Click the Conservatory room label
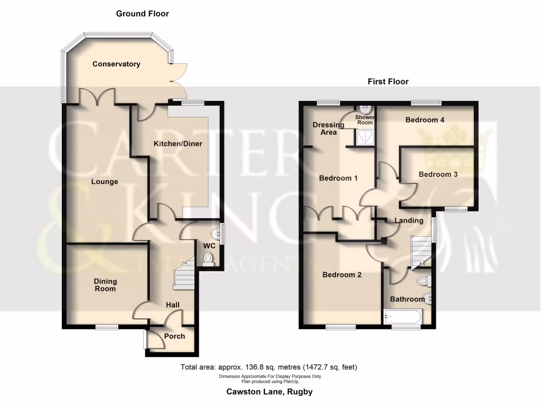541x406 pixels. point(116,64)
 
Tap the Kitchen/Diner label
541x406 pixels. point(178,144)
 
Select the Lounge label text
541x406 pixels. point(104,182)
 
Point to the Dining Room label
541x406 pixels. point(105,285)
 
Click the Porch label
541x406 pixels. point(174,336)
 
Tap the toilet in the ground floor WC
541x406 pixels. point(209,258)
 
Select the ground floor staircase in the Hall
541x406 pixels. point(185,275)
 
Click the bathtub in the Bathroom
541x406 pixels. point(402,317)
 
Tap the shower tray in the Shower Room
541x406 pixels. point(365,138)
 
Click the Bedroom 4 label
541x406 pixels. point(425,120)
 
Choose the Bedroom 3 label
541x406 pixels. point(438,174)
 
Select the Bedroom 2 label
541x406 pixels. point(342,275)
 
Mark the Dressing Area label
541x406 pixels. point(329,128)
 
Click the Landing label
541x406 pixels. point(409,220)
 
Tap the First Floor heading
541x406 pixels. point(388,81)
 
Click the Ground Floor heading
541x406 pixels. point(143,14)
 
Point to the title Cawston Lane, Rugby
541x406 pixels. point(269,392)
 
